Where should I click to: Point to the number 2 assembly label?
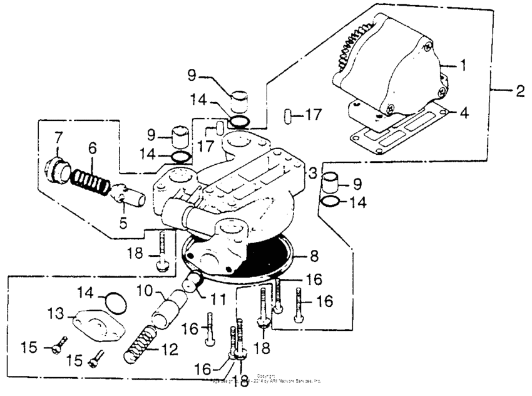tap(519, 92)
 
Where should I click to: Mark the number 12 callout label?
tap(169, 349)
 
